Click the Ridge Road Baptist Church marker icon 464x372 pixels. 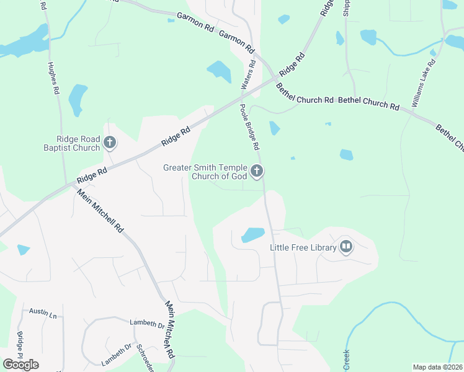pos(109,143)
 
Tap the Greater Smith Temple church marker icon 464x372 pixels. pos(257,172)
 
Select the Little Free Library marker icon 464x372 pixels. pos(346,248)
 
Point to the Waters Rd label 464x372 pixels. pos(248,74)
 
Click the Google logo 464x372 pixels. pos(20,364)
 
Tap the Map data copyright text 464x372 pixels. pos(437,367)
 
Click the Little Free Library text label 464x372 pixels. pos(303,247)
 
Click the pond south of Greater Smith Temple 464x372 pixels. pos(252,235)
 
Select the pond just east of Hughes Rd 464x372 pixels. pos(76,99)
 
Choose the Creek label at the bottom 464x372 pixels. pos(347,358)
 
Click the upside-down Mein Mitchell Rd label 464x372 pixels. pos(168,330)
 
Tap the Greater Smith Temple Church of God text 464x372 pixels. pos(205,172)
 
